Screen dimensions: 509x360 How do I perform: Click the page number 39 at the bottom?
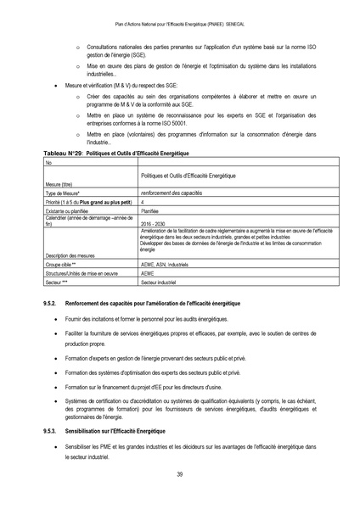point(180,473)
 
